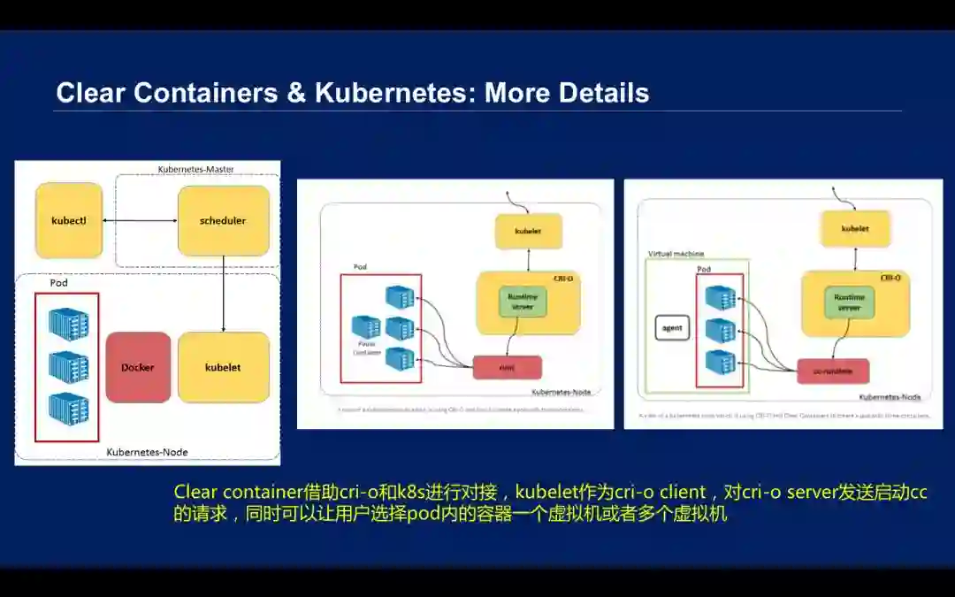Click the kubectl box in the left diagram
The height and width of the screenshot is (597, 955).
[69, 220]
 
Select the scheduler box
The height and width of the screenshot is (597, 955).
[224, 220]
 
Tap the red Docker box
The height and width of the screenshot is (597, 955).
[138, 367]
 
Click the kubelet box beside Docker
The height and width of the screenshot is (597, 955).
[224, 367]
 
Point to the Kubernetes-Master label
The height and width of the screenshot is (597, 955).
[195, 169]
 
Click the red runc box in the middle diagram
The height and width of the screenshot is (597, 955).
[507, 367]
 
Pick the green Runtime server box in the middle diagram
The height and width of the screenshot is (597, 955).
[523, 302]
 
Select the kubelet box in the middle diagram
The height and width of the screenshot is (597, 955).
[528, 232]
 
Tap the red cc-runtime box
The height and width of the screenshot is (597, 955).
[832, 371]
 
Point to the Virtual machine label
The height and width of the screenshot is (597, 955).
[676, 254]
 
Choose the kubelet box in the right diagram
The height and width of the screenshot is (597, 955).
[854, 228]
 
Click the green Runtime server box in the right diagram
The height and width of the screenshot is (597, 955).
[849, 302]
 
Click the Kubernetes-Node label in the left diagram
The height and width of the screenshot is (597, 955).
[147, 452]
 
